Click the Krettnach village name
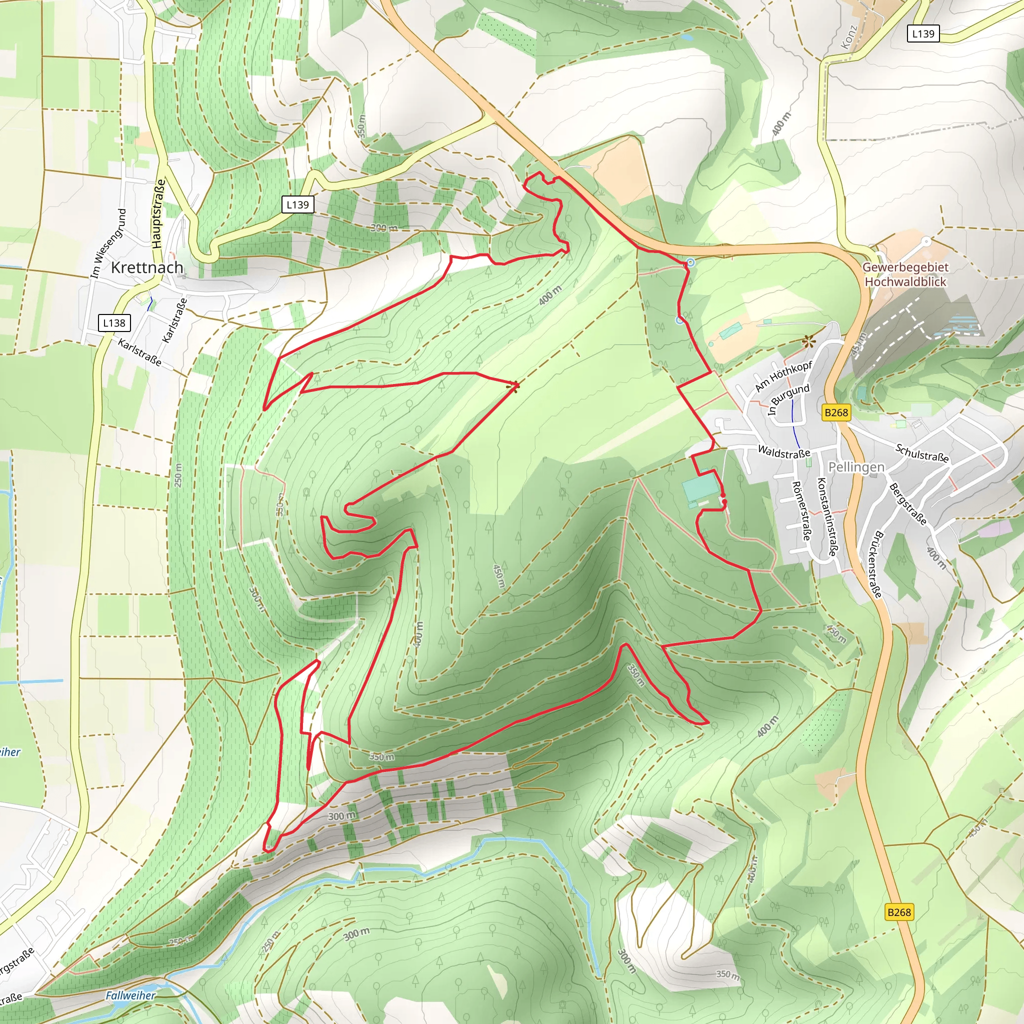point(147,267)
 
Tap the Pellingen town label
point(856,467)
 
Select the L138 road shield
point(114,323)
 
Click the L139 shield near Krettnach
point(297,204)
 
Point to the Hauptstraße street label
point(158,214)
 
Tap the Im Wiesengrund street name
point(108,242)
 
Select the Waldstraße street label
point(784,452)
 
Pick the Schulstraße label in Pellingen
point(921,453)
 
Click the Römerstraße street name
point(801,511)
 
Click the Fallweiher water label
point(130,995)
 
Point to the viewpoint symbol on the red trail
point(512,386)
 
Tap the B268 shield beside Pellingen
point(836,412)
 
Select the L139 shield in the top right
point(923,33)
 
